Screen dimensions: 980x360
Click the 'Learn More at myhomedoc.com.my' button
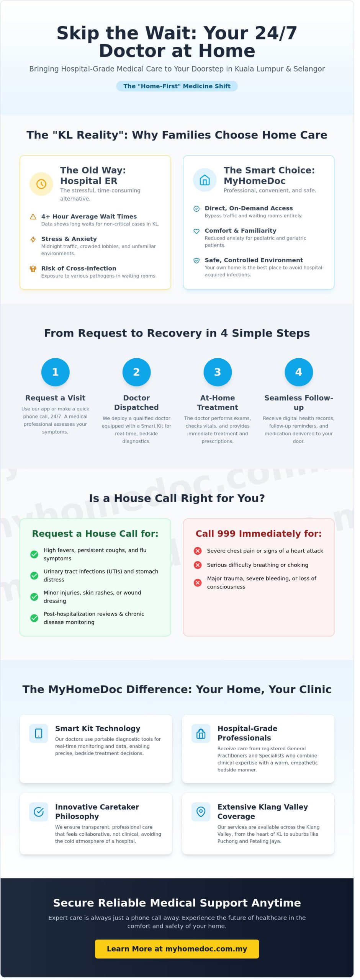(177, 949)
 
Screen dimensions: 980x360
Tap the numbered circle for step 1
(55, 372)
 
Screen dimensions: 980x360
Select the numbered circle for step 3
(218, 372)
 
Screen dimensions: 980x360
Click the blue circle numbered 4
(299, 372)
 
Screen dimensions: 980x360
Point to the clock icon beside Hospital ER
(41, 184)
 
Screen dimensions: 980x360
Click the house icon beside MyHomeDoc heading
(205, 180)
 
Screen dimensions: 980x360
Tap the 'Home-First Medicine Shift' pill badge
(177, 86)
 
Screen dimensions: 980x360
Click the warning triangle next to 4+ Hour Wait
(33, 217)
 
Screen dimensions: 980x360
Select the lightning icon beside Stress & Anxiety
(33, 239)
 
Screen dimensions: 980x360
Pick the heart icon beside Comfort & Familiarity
(196, 231)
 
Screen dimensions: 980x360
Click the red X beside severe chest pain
(198, 551)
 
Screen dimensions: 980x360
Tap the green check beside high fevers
(34, 554)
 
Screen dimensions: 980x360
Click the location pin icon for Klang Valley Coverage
(201, 812)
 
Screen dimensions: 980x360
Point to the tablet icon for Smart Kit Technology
(39, 733)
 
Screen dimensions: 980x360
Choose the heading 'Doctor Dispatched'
(136, 403)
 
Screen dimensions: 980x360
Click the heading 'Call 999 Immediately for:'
(259, 534)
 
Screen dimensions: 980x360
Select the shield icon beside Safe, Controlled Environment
(196, 261)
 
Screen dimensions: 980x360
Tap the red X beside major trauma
(198, 583)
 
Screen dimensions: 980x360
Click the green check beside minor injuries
(34, 597)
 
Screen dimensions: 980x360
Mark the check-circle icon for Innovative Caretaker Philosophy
(39, 812)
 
